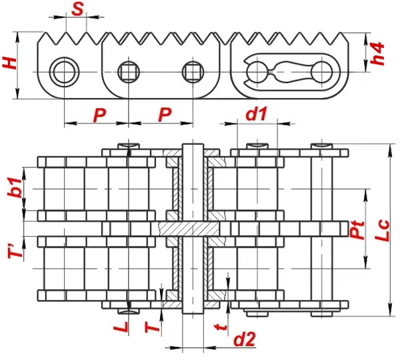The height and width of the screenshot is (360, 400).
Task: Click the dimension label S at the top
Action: (x=77, y=10)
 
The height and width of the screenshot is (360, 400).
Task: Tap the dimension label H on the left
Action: (x=10, y=63)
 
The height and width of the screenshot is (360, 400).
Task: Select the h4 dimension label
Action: (x=377, y=53)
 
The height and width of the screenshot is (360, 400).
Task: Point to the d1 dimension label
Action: (x=257, y=113)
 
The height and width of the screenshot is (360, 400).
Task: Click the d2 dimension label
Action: (x=245, y=339)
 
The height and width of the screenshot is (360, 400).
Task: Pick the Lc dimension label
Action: (x=382, y=231)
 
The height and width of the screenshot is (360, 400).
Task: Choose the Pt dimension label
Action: (x=357, y=230)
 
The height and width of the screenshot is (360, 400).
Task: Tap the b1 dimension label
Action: (x=15, y=188)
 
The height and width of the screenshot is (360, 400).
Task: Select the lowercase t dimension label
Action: (x=221, y=327)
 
